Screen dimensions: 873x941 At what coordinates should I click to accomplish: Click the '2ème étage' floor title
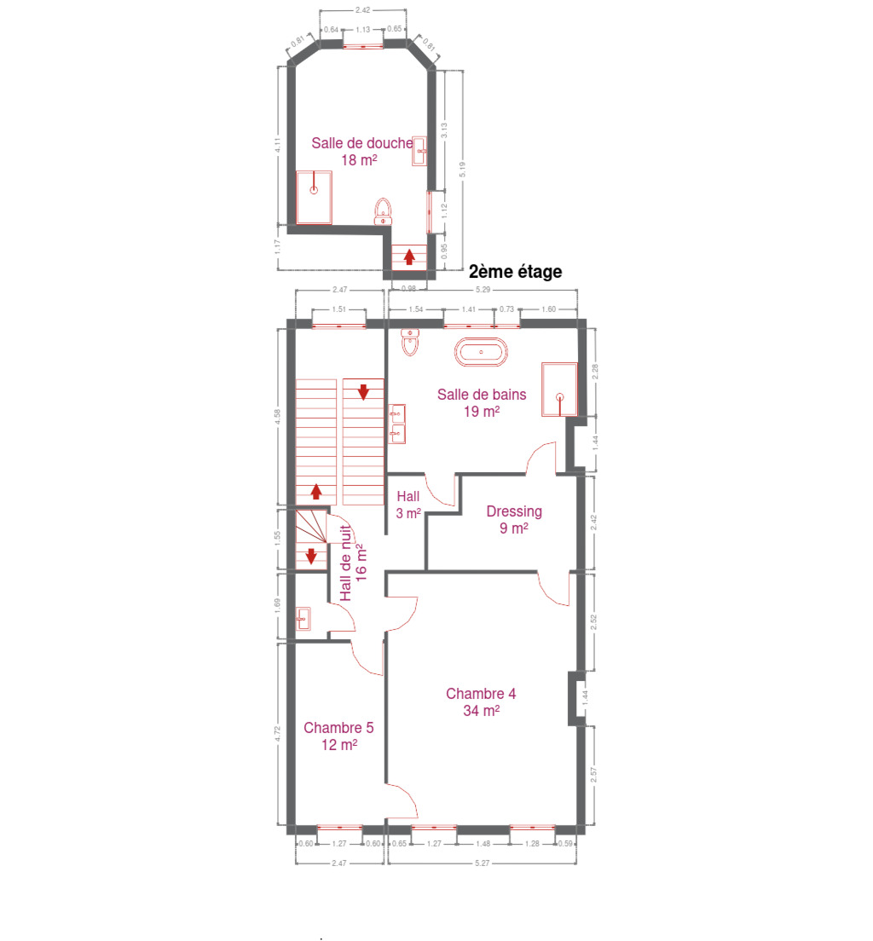[x=515, y=272]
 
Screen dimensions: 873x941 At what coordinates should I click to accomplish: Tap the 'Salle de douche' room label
[x=362, y=143]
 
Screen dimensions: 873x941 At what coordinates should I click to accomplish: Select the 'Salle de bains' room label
[x=482, y=395]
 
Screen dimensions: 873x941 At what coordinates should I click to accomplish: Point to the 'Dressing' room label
[x=514, y=511]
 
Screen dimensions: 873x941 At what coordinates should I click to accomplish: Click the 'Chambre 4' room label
[x=481, y=694]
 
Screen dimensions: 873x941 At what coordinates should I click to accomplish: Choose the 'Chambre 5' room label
[x=338, y=728]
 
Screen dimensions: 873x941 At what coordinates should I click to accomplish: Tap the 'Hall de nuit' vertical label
[x=346, y=563]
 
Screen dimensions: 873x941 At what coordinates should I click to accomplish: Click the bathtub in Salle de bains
[x=481, y=352]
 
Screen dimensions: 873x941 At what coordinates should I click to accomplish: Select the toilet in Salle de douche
[x=383, y=212]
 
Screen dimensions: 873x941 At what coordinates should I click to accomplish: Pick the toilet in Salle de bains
[x=410, y=342]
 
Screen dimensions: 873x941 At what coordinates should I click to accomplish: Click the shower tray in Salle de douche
[x=314, y=198]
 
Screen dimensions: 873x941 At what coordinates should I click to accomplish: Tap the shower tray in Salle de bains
[x=559, y=390]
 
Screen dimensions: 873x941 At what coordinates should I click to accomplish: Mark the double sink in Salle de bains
[x=397, y=424]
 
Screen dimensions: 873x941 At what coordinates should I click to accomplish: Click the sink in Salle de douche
[x=419, y=151]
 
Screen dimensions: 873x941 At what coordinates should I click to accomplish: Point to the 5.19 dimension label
[x=462, y=170]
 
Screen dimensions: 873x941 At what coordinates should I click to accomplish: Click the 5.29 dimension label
[x=483, y=289]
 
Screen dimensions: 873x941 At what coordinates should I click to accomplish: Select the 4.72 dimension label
[x=277, y=733]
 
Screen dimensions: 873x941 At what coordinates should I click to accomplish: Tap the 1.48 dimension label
[x=483, y=843]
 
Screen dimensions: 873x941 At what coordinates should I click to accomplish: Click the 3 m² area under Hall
[x=408, y=514]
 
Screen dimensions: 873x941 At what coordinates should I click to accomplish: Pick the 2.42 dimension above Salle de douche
[x=362, y=10]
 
